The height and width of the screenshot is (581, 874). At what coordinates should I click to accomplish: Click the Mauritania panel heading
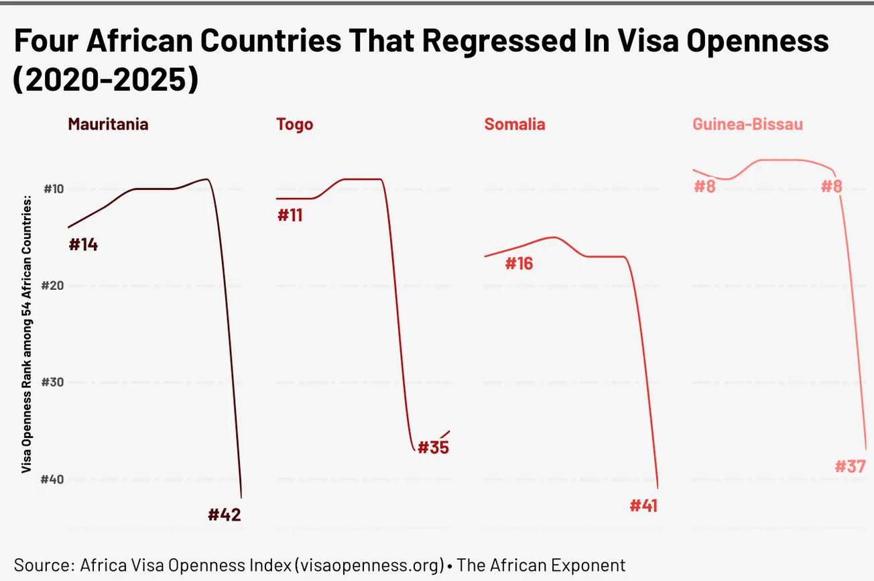pos(108,124)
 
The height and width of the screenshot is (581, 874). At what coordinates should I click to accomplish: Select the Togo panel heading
pos(294,124)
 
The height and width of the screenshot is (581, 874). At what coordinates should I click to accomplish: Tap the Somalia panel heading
pos(514,124)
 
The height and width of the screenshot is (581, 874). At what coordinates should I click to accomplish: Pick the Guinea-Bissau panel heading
pos(747,124)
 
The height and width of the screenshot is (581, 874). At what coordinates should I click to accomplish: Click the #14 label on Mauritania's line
pos(84,245)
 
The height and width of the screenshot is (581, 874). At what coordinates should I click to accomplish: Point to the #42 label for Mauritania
pos(224,515)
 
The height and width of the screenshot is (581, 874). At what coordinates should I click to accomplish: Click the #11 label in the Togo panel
pos(290,215)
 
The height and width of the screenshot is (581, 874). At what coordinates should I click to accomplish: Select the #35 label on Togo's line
pos(433,447)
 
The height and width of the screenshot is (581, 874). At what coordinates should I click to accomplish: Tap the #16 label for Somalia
pos(519,264)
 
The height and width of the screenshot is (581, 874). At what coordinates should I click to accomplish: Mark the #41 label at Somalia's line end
pos(643,505)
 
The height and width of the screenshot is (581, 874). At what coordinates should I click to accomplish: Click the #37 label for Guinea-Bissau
pos(851,466)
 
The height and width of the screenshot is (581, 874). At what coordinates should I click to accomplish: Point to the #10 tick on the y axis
pos(53,189)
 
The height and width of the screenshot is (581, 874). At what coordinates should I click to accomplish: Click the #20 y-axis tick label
pos(53,286)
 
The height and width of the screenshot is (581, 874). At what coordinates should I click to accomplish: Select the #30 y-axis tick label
pos(53,382)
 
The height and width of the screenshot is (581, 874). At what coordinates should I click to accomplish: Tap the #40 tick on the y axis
pos(53,479)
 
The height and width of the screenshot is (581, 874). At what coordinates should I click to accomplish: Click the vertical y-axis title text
pos(27,334)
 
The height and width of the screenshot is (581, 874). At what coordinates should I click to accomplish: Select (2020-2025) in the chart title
pos(106,80)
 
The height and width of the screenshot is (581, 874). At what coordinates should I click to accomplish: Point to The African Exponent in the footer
pos(541,564)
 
